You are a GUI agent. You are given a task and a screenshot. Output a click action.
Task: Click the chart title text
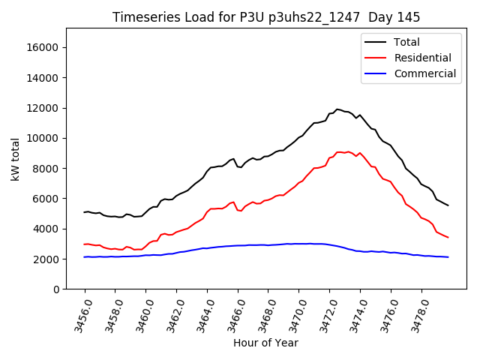pyautogui.click(x=266, y=17)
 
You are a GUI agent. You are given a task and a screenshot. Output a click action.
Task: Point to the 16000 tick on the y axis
pyautogui.click(x=43, y=47)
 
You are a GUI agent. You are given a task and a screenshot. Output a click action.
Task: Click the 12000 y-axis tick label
pyautogui.click(x=43, y=108)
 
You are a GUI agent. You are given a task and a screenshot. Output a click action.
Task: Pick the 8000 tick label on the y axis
pyautogui.click(x=46, y=169)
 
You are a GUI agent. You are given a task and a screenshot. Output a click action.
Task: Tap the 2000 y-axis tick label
pyautogui.click(x=46, y=259)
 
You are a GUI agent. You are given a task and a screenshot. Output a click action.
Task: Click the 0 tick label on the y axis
pyautogui.click(x=55, y=289)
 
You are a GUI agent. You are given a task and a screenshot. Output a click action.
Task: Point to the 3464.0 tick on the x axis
pyautogui.click(x=202, y=315)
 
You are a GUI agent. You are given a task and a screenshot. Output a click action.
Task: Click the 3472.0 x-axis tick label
pyautogui.click(x=324, y=315)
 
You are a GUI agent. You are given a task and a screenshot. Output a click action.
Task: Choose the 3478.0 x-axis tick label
pyautogui.click(x=415, y=315)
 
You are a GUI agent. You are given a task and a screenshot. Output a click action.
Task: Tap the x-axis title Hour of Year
pyautogui.click(x=265, y=343)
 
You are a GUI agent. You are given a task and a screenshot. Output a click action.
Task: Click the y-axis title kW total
pyautogui.click(x=16, y=159)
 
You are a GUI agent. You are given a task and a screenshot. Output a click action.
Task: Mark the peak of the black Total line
pyautogui.click(x=337, y=109)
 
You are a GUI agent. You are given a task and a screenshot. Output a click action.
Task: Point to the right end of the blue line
pyautogui.click(x=448, y=257)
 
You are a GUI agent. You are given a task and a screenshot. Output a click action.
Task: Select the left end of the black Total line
pyautogui.click(x=84, y=212)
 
